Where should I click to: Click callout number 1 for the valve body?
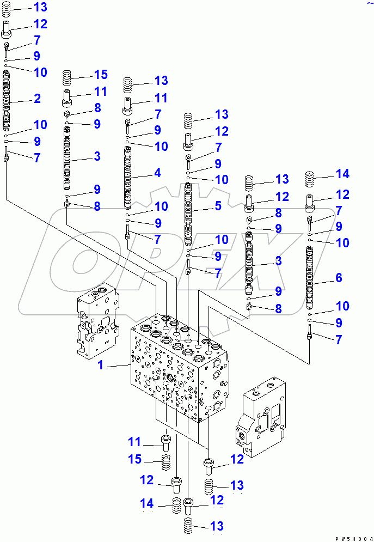[100, 365]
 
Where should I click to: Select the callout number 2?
[36, 99]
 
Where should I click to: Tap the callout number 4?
[157, 173]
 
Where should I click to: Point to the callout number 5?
[218, 206]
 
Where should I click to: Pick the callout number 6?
[339, 278]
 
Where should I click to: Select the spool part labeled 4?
[128, 177]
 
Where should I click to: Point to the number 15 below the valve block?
[134, 460]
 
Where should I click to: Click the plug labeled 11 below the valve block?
[165, 441]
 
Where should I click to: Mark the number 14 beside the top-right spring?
[342, 174]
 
